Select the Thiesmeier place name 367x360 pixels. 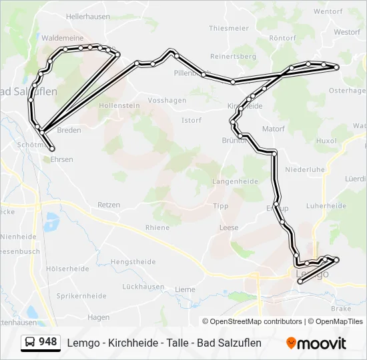(x=228, y=28)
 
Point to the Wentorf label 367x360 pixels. (x=328, y=11)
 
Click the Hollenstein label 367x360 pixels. (x=119, y=105)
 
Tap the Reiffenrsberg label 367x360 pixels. (x=233, y=57)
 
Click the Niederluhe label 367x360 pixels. (x=304, y=169)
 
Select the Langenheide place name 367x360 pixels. (x=234, y=181)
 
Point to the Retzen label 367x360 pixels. (x=108, y=205)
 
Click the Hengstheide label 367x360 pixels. (x=132, y=262)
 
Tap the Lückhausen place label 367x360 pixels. (x=143, y=287)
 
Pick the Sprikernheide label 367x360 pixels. (x=81, y=295)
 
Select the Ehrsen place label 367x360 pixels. (x=62, y=159)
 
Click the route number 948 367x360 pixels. (x=48, y=341)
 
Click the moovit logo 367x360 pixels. (x=316, y=343)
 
